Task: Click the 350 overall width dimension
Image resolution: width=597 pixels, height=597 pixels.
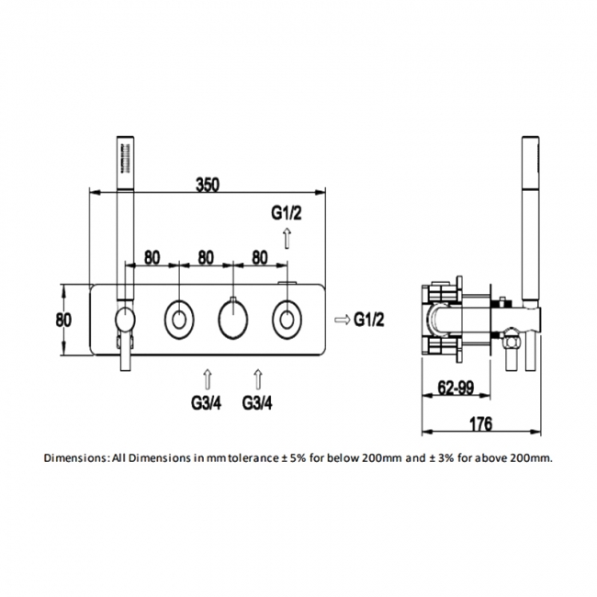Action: pyautogui.click(x=208, y=183)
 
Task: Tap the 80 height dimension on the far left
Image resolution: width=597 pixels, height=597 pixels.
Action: pyautogui.click(x=63, y=321)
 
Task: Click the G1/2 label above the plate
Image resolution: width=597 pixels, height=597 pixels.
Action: pyautogui.click(x=287, y=214)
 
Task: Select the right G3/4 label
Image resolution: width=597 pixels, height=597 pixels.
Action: pyautogui.click(x=259, y=401)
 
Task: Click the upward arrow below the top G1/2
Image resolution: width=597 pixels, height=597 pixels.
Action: pyautogui.click(x=287, y=239)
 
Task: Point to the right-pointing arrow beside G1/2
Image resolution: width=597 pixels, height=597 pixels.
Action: pyautogui.click(x=340, y=319)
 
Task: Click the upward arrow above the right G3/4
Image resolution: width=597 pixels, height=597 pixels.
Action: pyautogui.click(x=259, y=377)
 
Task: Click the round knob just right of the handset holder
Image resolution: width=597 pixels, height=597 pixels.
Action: pyautogui.click(x=177, y=320)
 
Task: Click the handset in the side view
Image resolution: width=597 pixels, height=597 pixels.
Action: pyautogui.click(x=530, y=230)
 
